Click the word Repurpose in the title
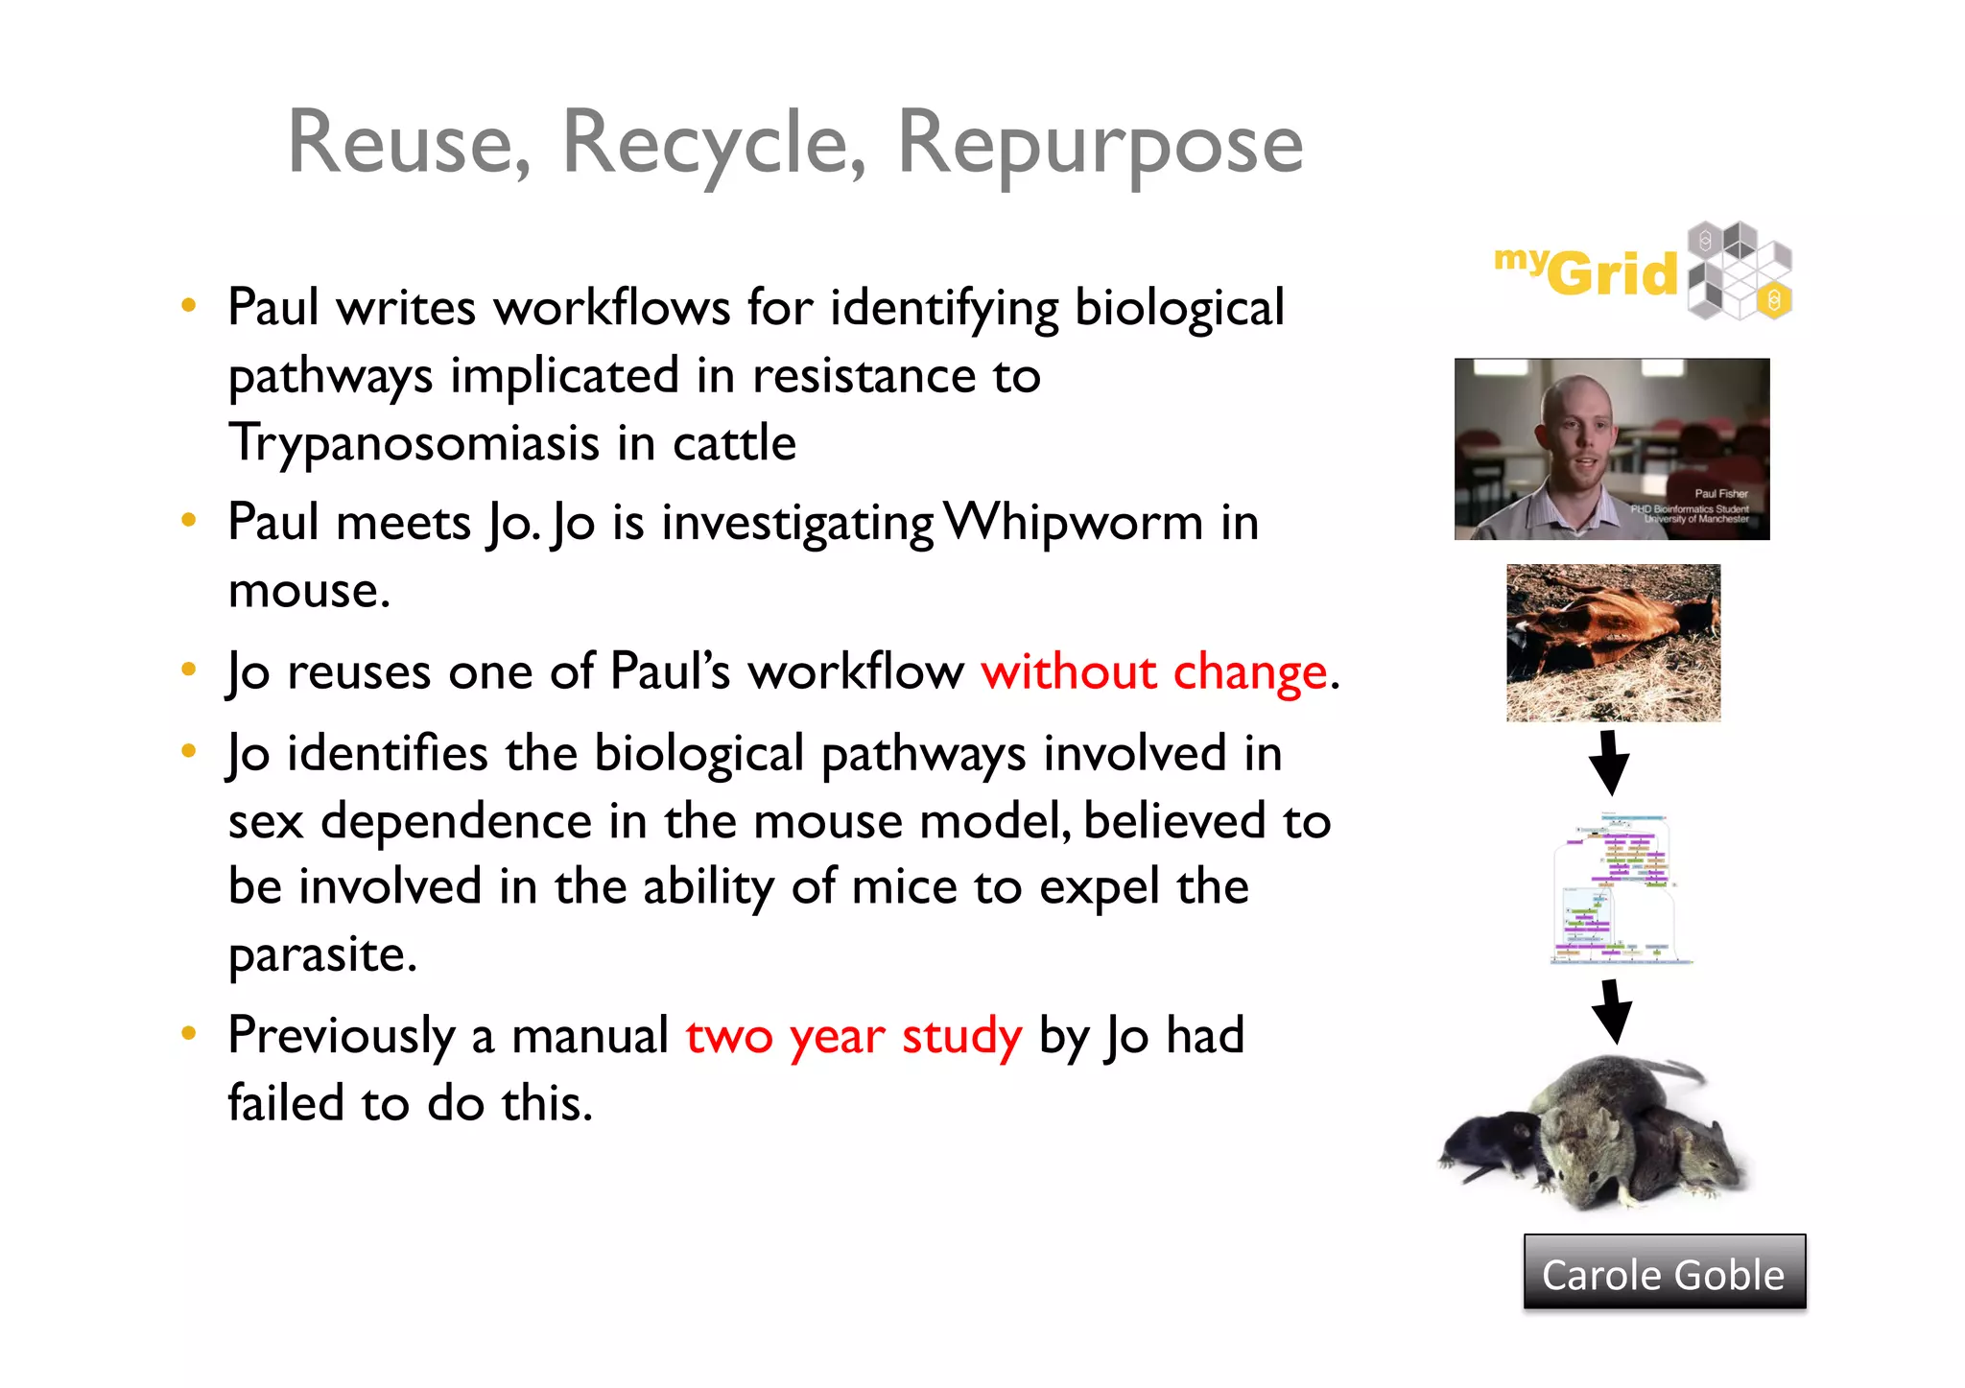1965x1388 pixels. click(x=1100, y=144)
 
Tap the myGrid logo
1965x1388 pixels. click(x=1644, y=271)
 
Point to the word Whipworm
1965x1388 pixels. click(x=1074, y=523)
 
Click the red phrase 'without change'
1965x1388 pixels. click(x=1154, y=671)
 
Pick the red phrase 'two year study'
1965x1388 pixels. click(x=854, y=1036)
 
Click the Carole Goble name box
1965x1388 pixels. click(x=1664, y=1273)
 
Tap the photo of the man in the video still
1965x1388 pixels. click(x=1612, y=449)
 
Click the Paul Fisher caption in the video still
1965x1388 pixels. click(x=1720, y=494)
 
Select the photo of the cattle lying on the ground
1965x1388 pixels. click(x=1613, y=643)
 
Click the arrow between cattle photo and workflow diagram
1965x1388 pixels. click(x=1610, y=762)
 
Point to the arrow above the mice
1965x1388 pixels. click(x=1612, y=1010)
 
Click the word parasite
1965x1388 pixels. click(x=322, y=954)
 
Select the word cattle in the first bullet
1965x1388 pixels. click(x=734, y=443)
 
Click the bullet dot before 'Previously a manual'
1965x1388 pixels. click(x=189, y=1033)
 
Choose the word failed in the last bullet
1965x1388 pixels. click(x=285, y=1103)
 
